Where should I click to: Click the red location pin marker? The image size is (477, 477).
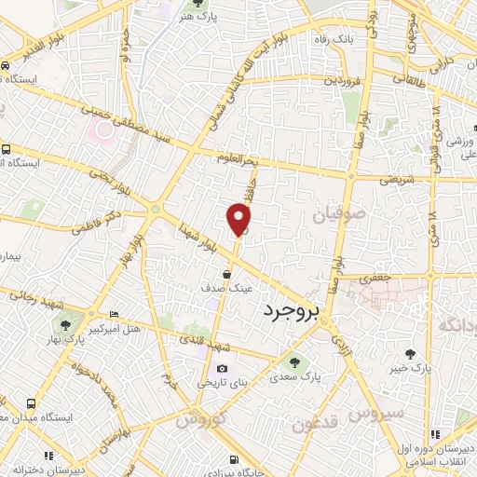click(239, 220)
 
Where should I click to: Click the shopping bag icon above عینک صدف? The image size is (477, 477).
click(227, 272)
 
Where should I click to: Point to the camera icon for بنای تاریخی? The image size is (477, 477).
click(222, 369)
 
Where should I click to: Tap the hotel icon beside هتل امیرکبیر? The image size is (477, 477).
click(114, 314)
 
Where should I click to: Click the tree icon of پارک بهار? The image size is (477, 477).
click(65, 324)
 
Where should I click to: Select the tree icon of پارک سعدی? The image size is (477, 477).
click(294, 362)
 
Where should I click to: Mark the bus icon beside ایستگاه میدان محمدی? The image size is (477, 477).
click(32, 403)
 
